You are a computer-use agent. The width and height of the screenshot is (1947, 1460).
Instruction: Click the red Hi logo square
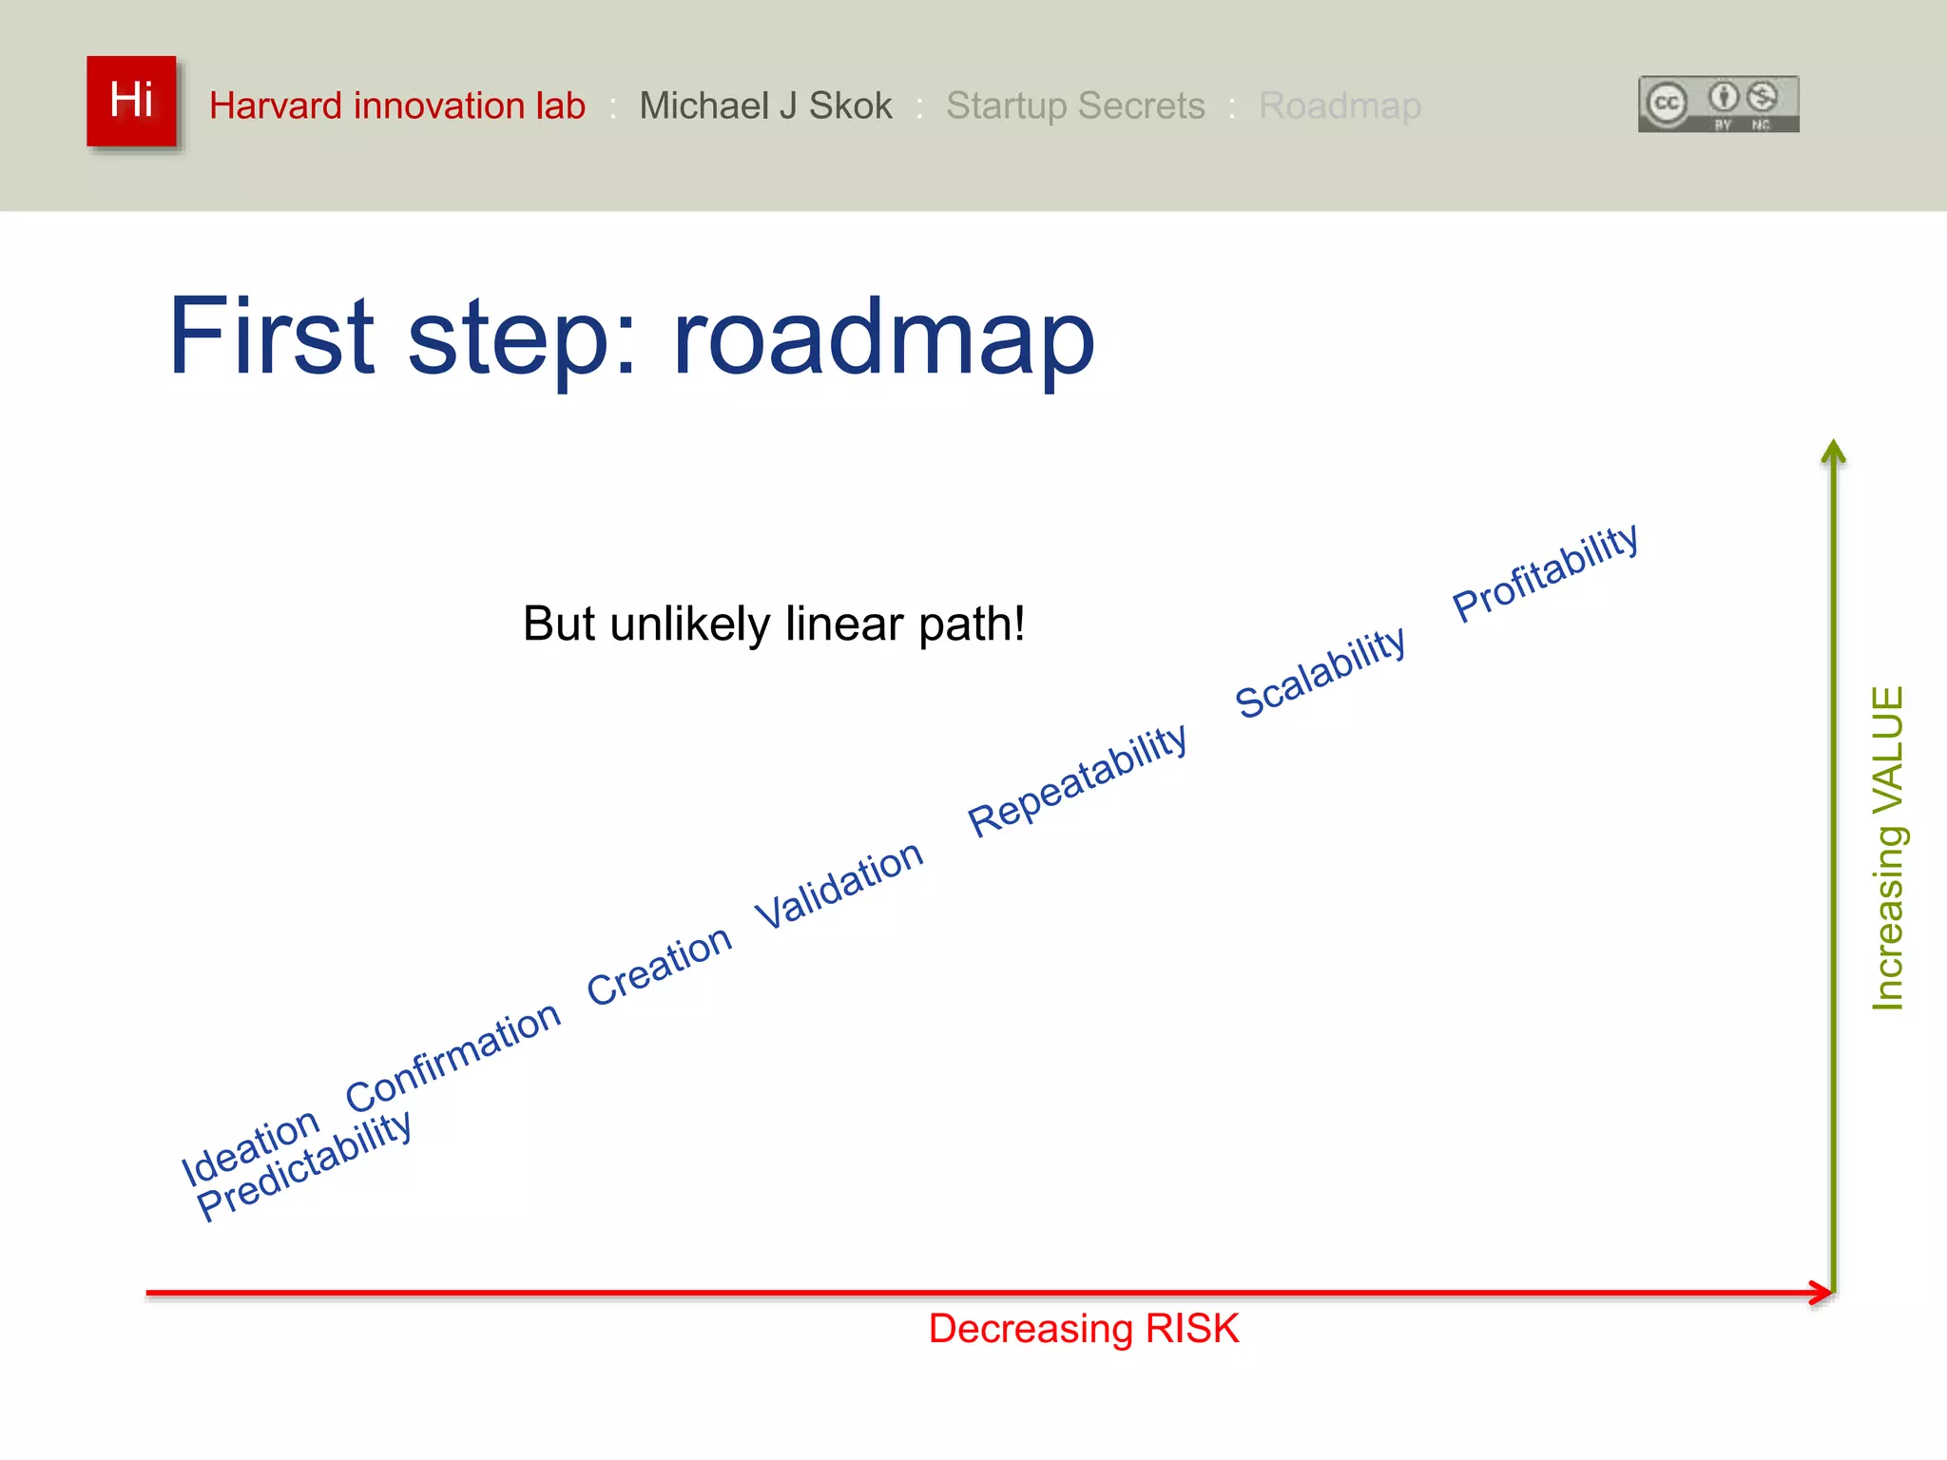coord(131,101)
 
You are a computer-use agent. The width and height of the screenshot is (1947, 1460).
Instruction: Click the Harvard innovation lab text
coord(396,106)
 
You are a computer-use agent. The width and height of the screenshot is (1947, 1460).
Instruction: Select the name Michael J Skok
coord(765,106)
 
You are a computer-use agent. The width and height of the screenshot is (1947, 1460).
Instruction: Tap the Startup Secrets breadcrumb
coord(1075,106)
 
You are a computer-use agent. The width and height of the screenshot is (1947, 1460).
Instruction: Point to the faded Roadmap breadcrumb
coord(1340,106)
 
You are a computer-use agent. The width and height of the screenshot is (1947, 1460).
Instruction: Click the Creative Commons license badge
coord(1718,104)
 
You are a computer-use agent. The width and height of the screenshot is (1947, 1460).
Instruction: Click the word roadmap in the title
coord(883,337)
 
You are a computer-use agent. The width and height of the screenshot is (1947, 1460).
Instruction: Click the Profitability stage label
coord(1546,572)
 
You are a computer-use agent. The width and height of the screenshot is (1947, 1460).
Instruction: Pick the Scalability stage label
coord(1320,672)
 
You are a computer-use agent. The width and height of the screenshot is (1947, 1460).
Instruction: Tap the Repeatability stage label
coord(1077,780)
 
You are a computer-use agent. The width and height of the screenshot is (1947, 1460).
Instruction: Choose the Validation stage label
coord(839,885)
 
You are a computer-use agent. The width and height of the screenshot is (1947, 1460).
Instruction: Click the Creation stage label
coord(659,965)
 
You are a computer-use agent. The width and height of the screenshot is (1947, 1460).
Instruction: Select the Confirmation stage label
coord(453,1056)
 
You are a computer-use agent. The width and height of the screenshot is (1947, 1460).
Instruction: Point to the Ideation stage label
coord(250,1146)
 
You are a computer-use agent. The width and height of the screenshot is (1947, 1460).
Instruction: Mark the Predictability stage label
coord(304,1165)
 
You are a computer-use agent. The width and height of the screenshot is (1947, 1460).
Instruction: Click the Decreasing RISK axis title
coord(1083,1329)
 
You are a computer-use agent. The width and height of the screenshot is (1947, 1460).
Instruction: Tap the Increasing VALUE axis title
coord(1888,848)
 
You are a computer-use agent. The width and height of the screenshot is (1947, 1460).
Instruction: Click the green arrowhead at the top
coord(1833,451)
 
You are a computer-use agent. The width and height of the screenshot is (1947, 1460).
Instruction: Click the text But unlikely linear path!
coord(774,624)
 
